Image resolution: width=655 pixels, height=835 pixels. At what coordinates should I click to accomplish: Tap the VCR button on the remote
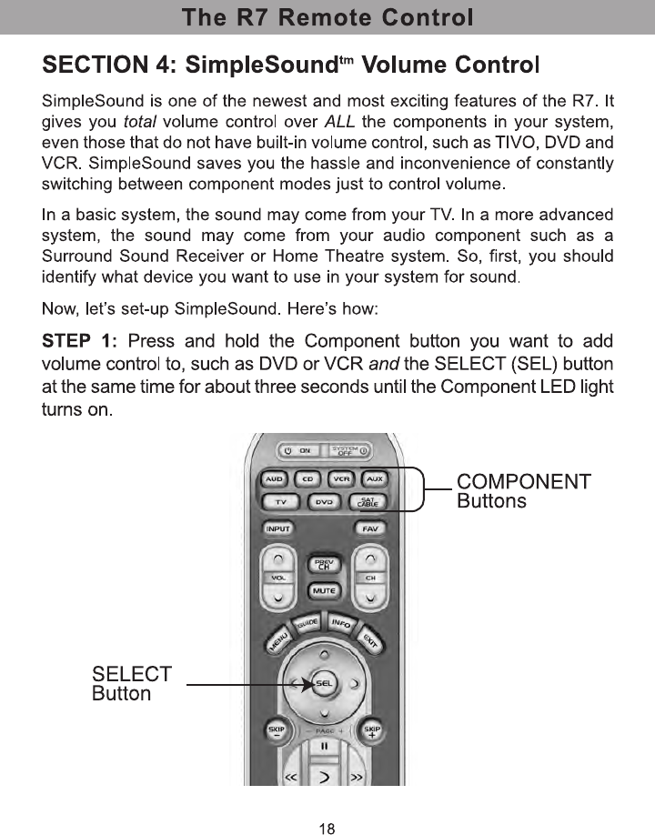click(340, 478)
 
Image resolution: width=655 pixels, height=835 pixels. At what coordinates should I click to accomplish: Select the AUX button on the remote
click(374, 478)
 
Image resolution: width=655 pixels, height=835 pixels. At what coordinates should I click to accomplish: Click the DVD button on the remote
click(324, 502)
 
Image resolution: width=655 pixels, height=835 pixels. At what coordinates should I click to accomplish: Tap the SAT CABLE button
click(368, 502)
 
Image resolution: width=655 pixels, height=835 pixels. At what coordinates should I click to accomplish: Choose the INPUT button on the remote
click(277, 528)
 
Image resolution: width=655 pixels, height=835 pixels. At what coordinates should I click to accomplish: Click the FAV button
click(370, 528)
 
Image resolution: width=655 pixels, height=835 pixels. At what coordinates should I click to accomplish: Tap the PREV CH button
click(323, 565)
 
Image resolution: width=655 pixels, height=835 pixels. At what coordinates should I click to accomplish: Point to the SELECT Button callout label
click(132, 684)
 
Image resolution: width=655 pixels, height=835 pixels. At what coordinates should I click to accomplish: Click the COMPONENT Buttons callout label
click(523, 490)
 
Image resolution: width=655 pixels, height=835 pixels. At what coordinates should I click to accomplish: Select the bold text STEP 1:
click(80, 341)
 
